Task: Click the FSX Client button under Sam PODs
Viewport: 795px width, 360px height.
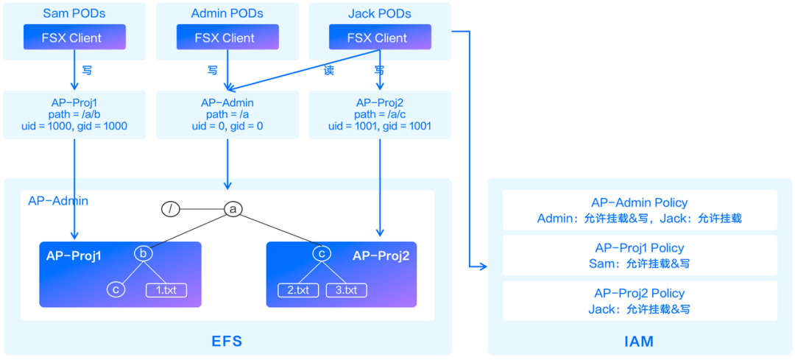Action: pyautogui.click(x=74, y=38)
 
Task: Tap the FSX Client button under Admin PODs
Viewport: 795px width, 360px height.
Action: pyautogui.click(x=227, y=38)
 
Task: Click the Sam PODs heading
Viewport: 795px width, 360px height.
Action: pyautogui.click(x=74, y=14)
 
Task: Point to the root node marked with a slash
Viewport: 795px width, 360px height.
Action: pyautogui.click(x=170, y=210)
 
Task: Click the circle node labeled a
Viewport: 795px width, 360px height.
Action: pyautogui.click(x=233, y=210)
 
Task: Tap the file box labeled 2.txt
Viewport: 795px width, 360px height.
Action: pyautogui.click(x=298, y=289)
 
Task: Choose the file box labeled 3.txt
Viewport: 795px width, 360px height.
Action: pyautogui.click(x=346, y=289)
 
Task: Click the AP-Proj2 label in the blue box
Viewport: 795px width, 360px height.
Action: pyautogui.click(x=380, y=255)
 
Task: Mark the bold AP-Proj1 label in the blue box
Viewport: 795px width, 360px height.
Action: pyautogui.click(x=74, y=255)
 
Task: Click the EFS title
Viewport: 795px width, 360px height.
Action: pyautogui.click(x=227, y=341)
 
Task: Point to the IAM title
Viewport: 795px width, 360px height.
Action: pyautogui.click(x=638, y=341)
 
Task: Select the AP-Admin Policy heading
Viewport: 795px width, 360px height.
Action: pyautogui.click(x=639, y=202)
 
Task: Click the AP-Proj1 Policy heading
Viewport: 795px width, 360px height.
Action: pyautogui.click(x=639, y=248)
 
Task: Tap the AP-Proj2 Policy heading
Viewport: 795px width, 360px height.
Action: pyautogui.click(x=639, y=293)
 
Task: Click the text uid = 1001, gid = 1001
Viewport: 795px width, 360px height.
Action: pyautogui.click(x=380, y=126)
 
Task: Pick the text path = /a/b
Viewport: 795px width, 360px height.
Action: pyautogui.click(x=74, y=114)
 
